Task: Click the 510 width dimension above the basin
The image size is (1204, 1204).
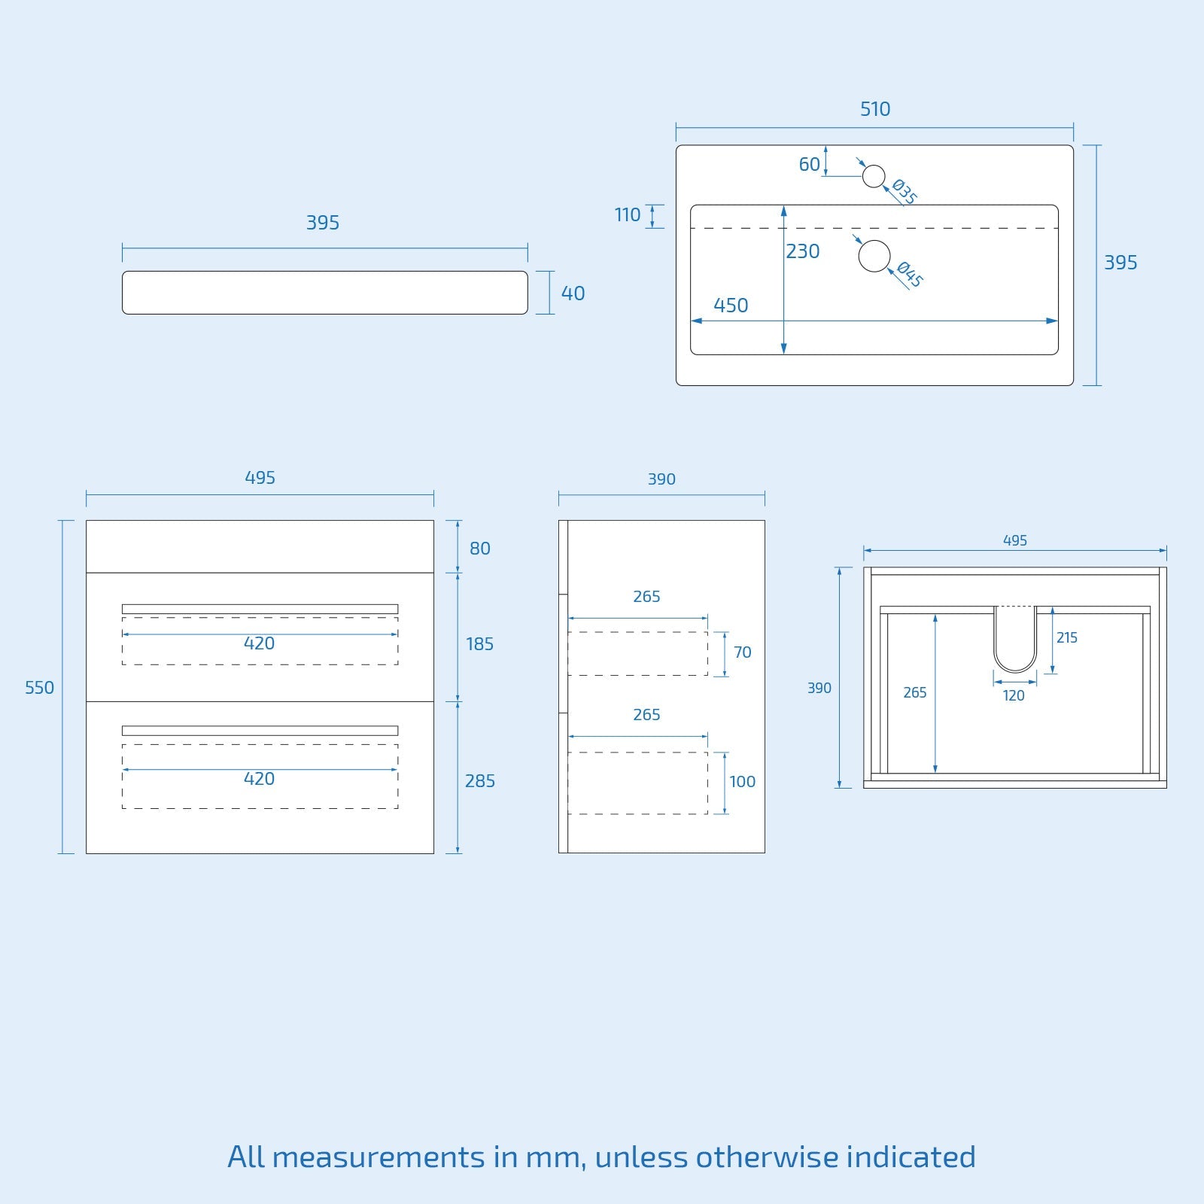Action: tap(875, 109)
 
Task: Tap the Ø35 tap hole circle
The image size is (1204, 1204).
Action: tap(874, 176)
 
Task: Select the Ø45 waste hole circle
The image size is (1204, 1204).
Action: tap(874, 256)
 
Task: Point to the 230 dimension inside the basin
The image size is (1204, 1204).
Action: tap(803, 251)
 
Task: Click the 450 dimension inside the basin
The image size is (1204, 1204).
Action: tap(731, 306)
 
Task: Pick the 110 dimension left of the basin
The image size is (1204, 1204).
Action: tap(628, 215)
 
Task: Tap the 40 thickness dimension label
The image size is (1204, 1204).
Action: tap(573, 293)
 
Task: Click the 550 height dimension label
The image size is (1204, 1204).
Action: tap(39, 688)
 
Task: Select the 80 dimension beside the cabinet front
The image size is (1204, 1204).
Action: tap(480, 549)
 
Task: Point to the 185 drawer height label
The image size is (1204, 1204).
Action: tap(479, 644)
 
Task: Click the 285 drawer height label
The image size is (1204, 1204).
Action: tap(480, 781)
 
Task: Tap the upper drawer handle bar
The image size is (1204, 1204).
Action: tap(260, 609)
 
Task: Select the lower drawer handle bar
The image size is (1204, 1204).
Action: tap(260, 731)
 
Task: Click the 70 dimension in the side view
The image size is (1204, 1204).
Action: tap(743, 652)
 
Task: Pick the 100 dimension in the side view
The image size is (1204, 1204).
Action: tap(742, 782)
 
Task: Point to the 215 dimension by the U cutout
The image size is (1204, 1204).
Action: tap(1066, 638)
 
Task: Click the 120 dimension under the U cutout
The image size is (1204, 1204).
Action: tap(1014, 696)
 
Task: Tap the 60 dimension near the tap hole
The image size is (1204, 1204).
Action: tap(810, 164)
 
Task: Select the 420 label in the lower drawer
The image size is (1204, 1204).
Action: tap(259, 779)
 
